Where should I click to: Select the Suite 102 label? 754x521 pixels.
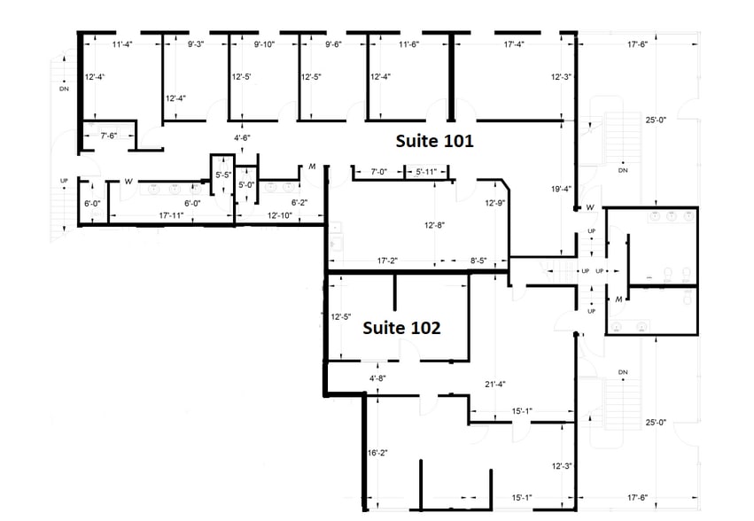[402, 328]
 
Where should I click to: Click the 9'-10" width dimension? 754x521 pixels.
[266, 44]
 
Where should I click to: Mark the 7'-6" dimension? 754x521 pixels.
[114, 136]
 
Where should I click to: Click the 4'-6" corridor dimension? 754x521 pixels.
[242, 138]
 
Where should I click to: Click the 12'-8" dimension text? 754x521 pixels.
[434, 225]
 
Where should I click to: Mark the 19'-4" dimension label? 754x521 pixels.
[560, 189]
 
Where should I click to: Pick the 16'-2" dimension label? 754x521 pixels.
[379, 453]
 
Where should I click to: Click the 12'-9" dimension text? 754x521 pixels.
[495, 203]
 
